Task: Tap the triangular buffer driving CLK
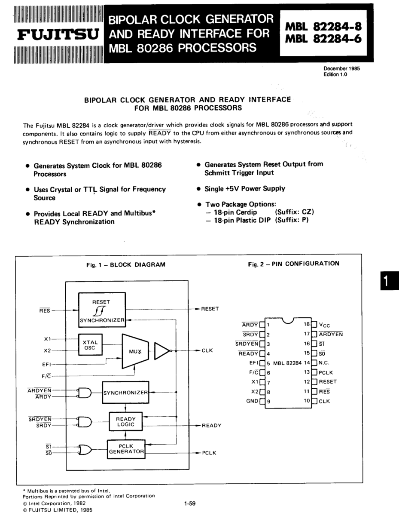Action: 162,350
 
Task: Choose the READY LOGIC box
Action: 126,421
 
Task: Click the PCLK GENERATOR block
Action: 126,449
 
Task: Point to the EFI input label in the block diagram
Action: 47,364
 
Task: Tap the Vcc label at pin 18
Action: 325,325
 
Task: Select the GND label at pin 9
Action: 252,401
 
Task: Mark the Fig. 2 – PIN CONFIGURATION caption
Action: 293,264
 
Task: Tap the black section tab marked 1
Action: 388,280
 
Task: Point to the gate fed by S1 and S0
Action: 85,450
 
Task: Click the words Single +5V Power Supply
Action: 245,188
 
